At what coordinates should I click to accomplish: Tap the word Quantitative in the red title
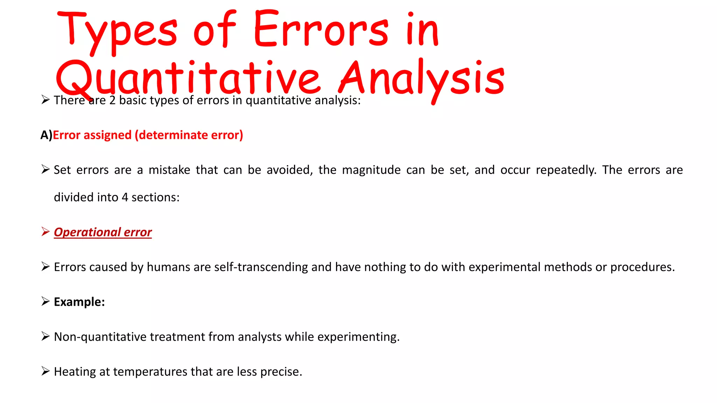click(188, 79)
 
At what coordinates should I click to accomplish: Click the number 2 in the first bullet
click(112, 100)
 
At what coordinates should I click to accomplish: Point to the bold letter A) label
click(46, 135)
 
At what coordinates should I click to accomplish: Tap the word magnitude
click(371, 170)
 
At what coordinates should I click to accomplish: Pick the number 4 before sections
click(125, 197)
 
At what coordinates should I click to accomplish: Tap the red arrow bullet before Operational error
click(45, 232)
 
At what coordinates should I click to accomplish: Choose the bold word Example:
click(79, 302)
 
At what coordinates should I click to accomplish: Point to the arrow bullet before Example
click(45, 301)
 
